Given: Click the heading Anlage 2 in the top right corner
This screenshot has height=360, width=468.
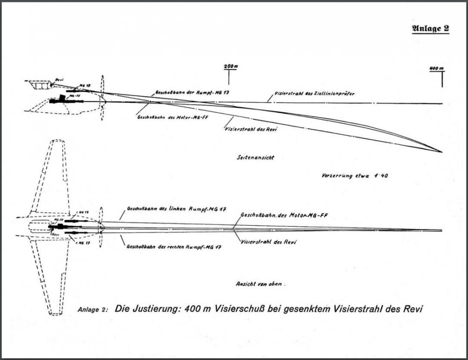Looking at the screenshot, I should click(x=430, y=28).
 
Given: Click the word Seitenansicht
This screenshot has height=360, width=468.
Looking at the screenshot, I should click(x=255, y=158).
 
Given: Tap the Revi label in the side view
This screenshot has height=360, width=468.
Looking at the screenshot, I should click(x=58, y=80).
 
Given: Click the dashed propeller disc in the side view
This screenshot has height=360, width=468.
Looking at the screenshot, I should click(x=103, y=98).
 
